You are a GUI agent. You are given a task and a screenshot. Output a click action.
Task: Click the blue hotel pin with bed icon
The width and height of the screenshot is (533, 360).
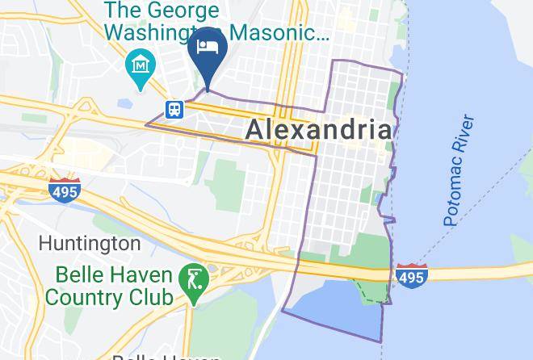pyautogui.click(x=207, y=50)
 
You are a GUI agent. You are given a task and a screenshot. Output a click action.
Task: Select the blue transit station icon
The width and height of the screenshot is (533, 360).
pyautogui.click(x=174, y=109)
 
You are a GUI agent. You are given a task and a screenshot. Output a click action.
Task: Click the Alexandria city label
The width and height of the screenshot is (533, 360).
pyautogui.click(x=318, y=130)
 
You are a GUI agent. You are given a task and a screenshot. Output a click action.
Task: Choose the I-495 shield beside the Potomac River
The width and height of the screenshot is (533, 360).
pyautogui.click(x=411, y=274)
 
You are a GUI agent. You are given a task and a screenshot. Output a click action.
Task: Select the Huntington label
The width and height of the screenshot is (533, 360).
pyautogui.click(x=90, y=243)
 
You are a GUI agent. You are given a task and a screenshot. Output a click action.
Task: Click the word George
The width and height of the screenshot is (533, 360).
pyautogui.click(x=182, y=11)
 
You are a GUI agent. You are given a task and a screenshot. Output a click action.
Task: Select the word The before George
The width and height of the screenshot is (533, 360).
pyautogui.click(x=123, y=11)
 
